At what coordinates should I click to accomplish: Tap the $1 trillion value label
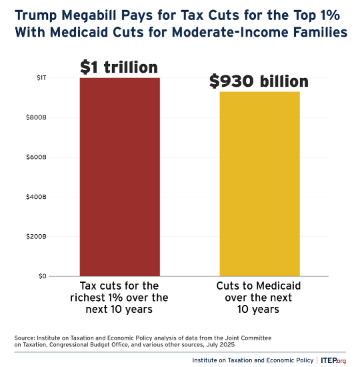click(x=119, y=67)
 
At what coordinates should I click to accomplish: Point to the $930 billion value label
click(x=259, y=81)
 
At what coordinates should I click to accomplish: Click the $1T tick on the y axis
click(x=41, y=79)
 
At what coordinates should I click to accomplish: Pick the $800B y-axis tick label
click(x=37, y=118)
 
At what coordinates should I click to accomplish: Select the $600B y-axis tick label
click(x=37, y=157)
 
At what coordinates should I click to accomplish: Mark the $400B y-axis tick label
click(x=37, y=197)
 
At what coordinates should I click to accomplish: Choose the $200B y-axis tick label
click(x=37, y=236)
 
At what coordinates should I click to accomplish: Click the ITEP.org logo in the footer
click(x=333, y=360)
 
